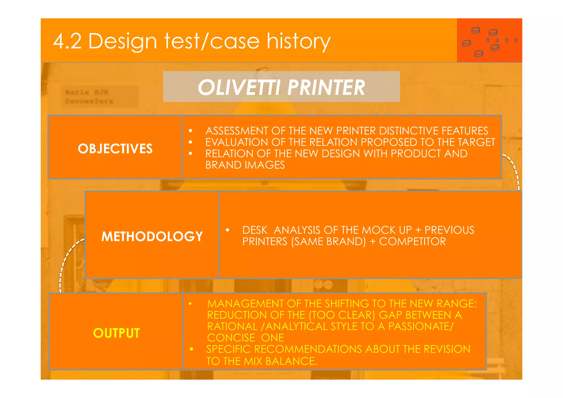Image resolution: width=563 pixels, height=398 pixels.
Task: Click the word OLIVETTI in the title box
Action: [239, 87]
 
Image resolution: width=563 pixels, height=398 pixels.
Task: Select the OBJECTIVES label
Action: [115, 149]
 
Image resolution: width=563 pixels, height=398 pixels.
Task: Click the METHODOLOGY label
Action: [152, 236]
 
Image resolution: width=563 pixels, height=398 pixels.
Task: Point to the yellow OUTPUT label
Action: [116, 333]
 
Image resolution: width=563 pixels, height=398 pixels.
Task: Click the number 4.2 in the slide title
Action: [67, 41]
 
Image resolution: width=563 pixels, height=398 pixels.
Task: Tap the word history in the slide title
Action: [298, 41]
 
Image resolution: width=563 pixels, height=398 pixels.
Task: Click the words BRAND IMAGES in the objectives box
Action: [245, 165]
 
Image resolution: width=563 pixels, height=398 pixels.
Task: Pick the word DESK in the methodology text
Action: [255, 230]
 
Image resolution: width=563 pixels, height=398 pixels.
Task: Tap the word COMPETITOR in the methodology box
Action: [412, 241]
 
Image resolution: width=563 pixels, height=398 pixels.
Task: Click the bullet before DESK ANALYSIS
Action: [227, 230]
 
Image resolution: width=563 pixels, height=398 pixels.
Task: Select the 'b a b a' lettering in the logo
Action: [502, 40]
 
